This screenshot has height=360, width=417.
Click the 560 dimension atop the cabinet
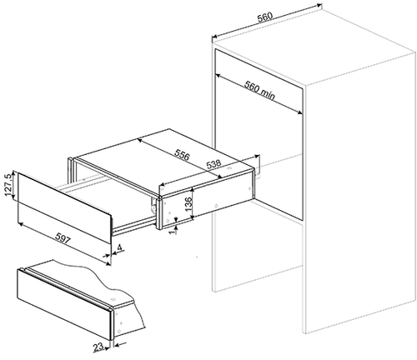pyautogui.click(x=264, y=17)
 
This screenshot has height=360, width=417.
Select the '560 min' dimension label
pyautogui.click(x=259, y=90)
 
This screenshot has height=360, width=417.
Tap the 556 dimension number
pyautogui.click(x=182, y=155)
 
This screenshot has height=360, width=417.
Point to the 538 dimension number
pyautogui.click(x=214, y=164)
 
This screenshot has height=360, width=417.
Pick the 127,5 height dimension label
pyautogui.click(x=9, y=185)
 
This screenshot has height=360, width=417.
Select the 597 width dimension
pyautogui.click(x=63, y=238)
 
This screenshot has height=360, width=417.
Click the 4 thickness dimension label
pyautogui.click(x=119, y=247)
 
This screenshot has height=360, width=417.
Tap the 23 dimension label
pyautogui.click(x=98, y=347)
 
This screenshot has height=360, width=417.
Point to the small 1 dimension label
pyautogui.click(x=174, y=230)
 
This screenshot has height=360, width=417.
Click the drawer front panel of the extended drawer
pyautogui.click(x=64, y=207)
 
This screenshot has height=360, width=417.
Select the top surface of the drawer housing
pyautogui.click(x=165, y=159)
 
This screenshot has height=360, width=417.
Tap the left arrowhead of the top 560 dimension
pyautogui.click(x=215, y=37)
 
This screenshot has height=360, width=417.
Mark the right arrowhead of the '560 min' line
pyautogui.click(x=299, y=112)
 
